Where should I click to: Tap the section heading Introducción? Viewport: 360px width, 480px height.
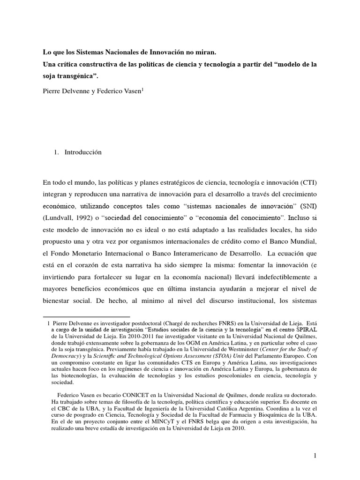(83, 152)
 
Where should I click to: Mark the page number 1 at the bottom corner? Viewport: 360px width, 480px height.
(316, 455)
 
